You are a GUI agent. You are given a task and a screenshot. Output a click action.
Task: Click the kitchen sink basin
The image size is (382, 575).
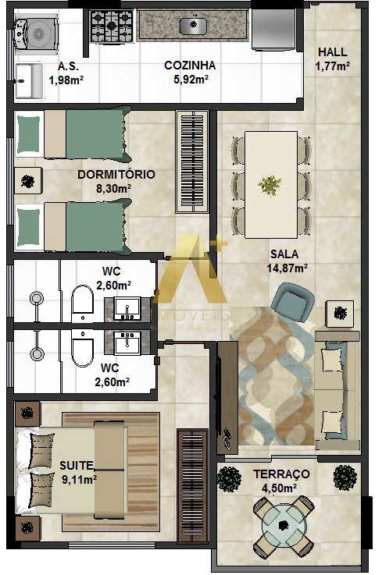point(193,25)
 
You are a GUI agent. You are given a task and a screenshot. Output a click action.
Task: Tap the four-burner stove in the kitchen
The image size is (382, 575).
point(111,25)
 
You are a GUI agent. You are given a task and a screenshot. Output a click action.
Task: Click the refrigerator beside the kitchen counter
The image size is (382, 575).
point(273,29)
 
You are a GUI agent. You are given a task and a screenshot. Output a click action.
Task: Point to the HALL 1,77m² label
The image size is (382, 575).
point(333,59)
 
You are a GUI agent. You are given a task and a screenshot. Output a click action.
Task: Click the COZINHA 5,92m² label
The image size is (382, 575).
point(191,72)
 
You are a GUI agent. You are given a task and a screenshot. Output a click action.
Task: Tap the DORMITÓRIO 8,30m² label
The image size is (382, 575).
point(116,181)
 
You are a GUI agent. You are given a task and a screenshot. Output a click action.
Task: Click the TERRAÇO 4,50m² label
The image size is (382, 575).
point(281,481)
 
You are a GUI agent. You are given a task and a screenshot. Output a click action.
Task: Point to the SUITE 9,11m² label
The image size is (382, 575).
point(78,472)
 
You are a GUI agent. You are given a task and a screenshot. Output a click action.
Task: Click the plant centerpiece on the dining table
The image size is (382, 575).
point(270,185)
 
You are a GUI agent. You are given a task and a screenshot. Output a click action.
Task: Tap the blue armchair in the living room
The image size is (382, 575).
point(293,300)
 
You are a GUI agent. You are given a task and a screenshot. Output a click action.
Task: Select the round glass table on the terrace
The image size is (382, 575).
point(284,526)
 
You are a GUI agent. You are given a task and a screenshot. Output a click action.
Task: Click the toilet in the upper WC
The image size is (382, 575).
point(82,300)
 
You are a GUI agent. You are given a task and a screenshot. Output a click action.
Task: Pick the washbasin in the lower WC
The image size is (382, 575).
point(127,344)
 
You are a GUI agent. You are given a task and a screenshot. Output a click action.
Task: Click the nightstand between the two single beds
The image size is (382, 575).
point(28,180)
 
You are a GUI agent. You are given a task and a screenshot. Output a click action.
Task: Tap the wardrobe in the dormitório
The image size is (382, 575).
point(192,161)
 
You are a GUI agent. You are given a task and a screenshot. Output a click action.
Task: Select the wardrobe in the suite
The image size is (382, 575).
point(192,485)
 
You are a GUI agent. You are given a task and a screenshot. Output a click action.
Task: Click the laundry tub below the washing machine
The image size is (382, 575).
point(30,80)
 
